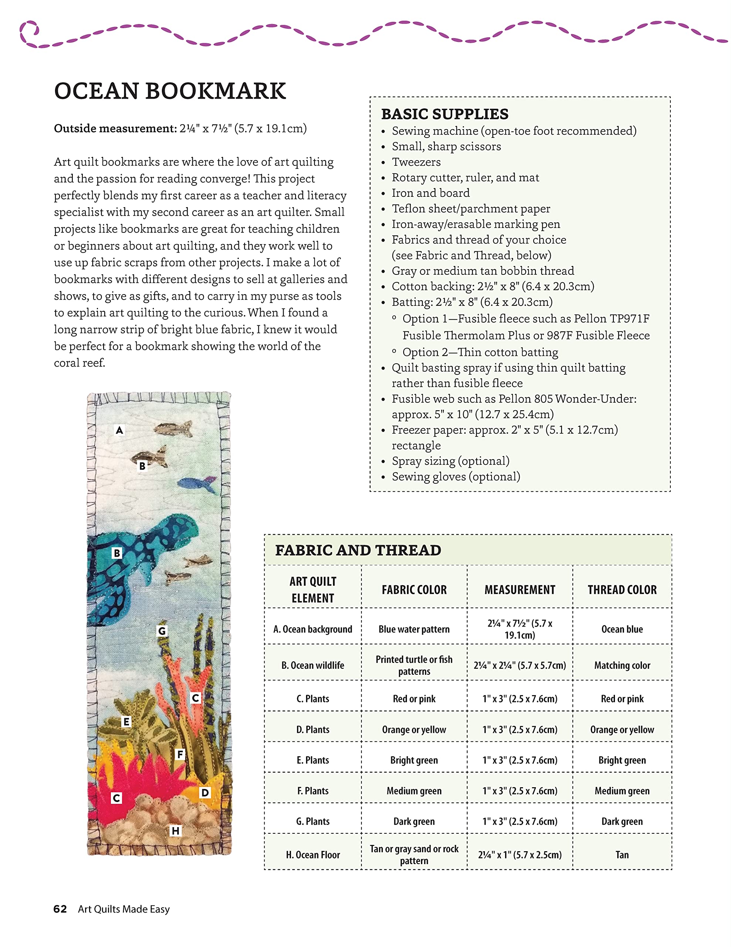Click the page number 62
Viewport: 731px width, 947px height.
tap(60, 909)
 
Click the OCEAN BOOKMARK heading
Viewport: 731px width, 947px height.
tap(170, 91)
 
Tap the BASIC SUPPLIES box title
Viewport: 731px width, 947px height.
tap(445, 114)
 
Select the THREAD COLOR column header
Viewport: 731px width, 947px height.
tap(622, 590)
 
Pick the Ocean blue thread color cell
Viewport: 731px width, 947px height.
tap(622, 629)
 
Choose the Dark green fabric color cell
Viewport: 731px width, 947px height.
tap(414, 821)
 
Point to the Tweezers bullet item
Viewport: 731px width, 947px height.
tap(416, 162)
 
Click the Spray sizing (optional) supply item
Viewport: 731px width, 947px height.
tap(450, 461)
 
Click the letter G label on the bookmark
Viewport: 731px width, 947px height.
tap(161, 631)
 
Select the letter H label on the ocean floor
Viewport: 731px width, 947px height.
tap(175, 831)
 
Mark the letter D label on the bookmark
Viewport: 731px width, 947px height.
tap(204, 793)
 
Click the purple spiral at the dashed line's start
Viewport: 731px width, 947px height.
tap(29, 33)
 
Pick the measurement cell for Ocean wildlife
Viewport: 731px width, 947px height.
tap(520, 665)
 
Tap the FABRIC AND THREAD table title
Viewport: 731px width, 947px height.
tap(358, 550)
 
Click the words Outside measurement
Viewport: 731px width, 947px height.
tap(115, 128)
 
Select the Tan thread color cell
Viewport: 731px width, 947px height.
tap(622, 855)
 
